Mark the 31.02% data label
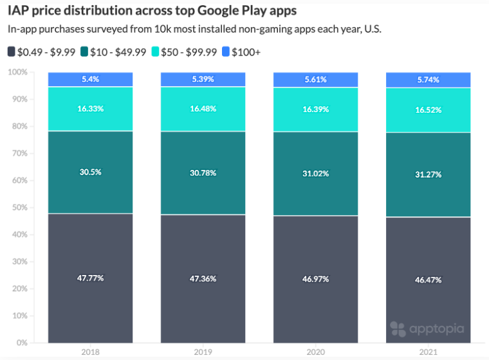[316, 173]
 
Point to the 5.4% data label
[91, 79]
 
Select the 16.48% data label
[203, 108]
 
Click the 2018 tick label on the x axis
[91, 352]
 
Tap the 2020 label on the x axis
[316, 352]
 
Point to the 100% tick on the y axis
[17, 72]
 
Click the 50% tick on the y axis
[19, 207]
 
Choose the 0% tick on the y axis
[21, 343]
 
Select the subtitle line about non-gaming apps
[194, 30]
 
